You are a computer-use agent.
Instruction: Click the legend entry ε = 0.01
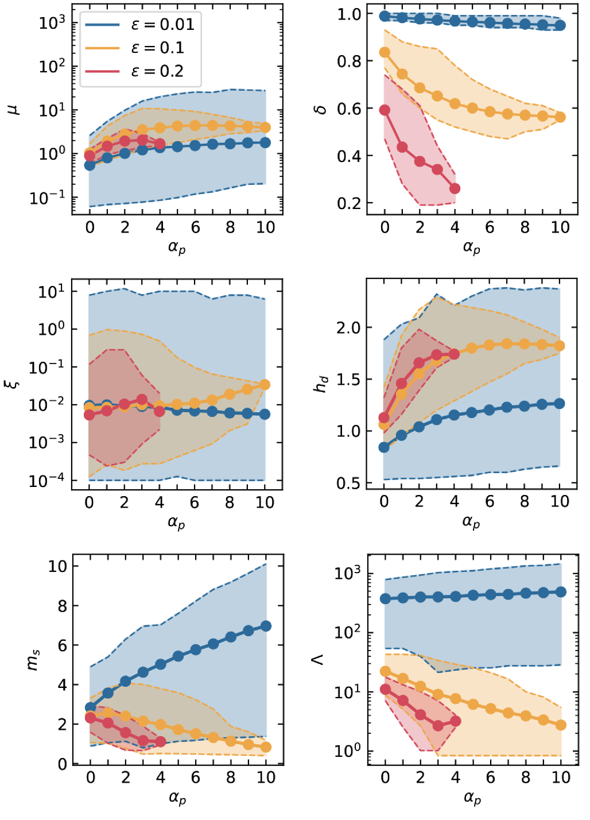(140, 25)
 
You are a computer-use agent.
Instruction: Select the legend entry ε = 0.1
(140, 48)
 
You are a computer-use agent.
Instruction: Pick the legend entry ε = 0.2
(140, 71)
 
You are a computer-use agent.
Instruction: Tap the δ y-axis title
(321, 108)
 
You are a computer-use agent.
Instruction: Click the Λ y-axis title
(317, 660)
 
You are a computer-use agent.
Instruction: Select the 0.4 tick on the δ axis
(348, 156)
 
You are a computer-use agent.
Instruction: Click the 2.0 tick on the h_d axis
(348, 328)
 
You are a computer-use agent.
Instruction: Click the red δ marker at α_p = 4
(455, 188)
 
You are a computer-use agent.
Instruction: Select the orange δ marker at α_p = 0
(385, 52)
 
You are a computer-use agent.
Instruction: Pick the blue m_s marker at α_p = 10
(266, 626)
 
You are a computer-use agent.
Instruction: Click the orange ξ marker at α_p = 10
(265, 385)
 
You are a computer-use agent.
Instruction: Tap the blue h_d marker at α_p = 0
(384, 447)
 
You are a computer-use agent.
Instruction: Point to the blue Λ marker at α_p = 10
(561, 592)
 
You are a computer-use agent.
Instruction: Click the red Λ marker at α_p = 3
(438, 725)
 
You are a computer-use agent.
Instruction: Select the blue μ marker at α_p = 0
(90, 165)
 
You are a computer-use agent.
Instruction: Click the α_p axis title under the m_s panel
(177, 798)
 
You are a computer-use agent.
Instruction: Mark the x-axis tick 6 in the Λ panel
(490, 778)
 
